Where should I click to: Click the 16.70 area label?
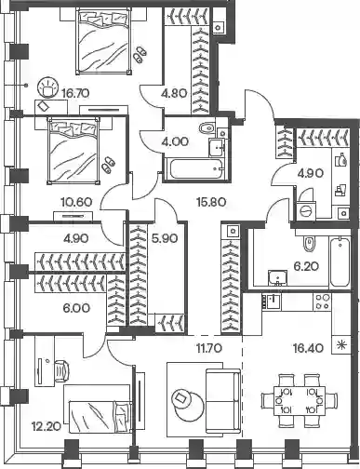(75, 93)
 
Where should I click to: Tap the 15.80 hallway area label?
(211, 202)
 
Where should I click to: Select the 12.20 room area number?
(46, 427)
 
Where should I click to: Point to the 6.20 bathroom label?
(306, 266)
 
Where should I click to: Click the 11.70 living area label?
(209, 348)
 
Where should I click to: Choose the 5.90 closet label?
(165, 238)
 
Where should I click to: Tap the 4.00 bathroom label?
(175, 141)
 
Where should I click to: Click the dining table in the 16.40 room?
(300, 400)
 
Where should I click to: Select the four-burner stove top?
(322, 301)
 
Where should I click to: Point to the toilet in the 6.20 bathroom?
(309, 243)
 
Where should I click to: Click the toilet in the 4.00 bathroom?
(207, 127)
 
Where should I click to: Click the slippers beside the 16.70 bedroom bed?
(140, 54)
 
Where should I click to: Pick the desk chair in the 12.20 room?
(61, 369)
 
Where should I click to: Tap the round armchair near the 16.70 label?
(47, 87)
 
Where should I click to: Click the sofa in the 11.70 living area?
(223, 401)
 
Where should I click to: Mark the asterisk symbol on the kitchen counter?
(341, 344)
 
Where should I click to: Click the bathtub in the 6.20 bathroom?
(340, 261)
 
